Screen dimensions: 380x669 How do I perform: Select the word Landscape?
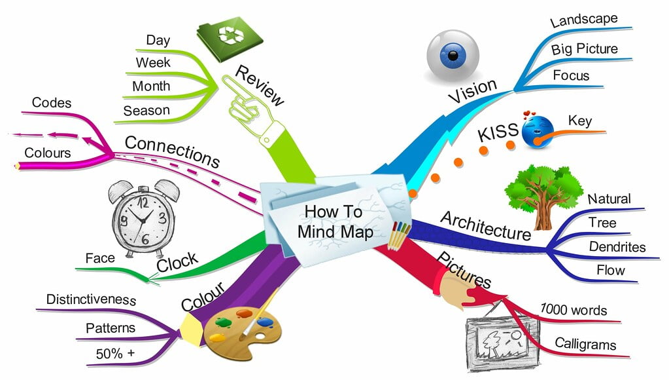pos(584,20)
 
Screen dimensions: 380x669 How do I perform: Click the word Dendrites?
pos(617,247)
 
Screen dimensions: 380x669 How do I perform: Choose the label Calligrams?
pos(585,343)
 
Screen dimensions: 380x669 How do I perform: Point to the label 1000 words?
pos(574,309)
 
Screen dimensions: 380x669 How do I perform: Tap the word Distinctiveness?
pos(92,300)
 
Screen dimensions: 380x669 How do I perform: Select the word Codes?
pos(52,103)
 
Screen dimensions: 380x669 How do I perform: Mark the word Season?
pos(146,111)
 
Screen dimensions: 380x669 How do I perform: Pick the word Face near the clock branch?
pos(100,258)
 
